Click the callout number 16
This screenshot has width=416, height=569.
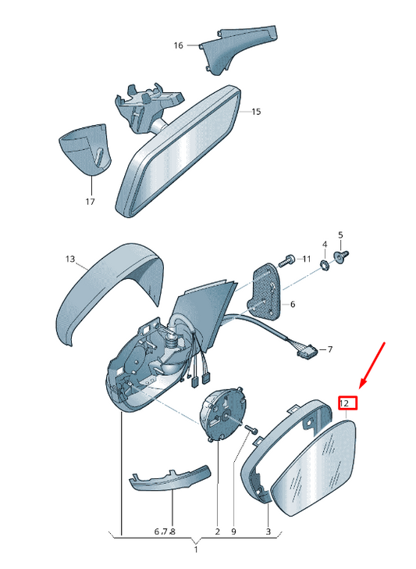click(178, 45)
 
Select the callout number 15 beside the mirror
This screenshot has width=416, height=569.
click(256, 112)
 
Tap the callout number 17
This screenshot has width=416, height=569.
click(90, 201)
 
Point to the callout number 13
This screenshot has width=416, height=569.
click(70, 259)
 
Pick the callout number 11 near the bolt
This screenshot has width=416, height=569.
click(307, 259)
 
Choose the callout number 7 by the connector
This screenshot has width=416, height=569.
click(329, 349)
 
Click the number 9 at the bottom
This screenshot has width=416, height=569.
click(233, 531)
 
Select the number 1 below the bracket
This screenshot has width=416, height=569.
click(196, 549)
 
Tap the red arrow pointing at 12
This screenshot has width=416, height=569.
click(372, 365)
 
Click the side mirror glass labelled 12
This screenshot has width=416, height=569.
click(315, 468)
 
